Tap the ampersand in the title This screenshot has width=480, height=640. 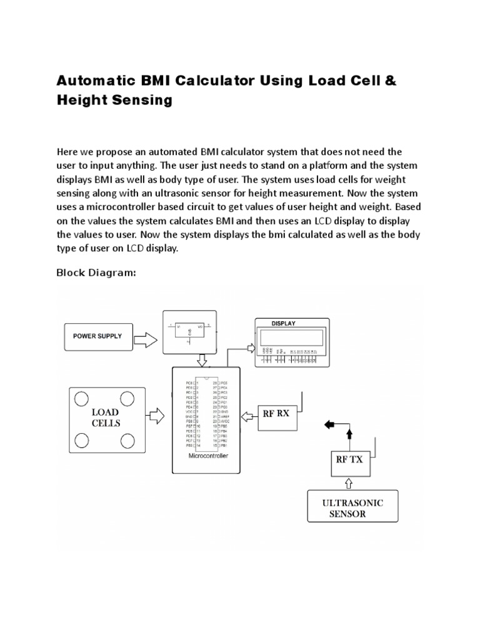391,81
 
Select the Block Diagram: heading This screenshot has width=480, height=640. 96,272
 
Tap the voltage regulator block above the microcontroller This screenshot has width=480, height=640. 188,332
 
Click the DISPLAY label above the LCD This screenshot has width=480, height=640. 283,323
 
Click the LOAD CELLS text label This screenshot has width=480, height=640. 105,418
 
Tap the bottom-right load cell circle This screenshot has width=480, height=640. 127,441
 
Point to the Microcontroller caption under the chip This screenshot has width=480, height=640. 207,456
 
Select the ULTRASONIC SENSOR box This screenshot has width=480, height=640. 352,508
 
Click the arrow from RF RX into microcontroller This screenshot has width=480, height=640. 249,413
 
